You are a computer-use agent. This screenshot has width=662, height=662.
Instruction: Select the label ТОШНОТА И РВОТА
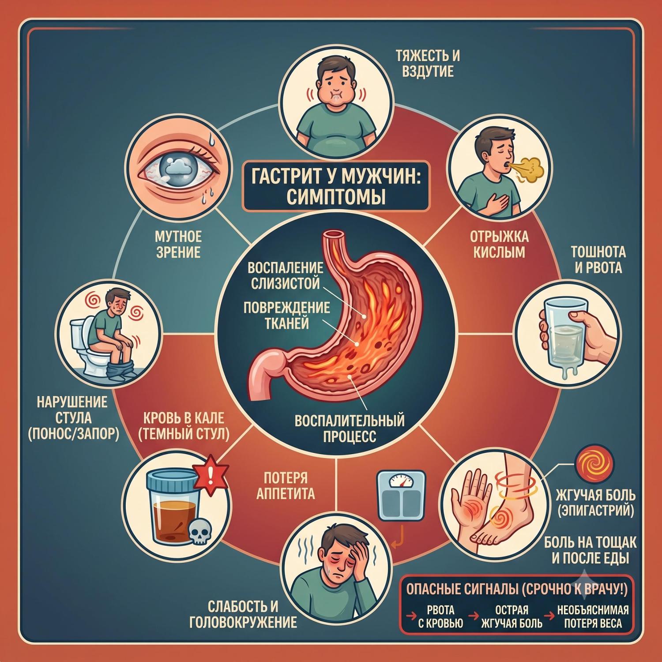click(598, 260)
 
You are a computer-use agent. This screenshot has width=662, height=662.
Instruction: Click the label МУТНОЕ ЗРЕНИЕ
click(178, 244)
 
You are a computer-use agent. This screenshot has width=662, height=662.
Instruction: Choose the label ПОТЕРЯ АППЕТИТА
click(286, 485)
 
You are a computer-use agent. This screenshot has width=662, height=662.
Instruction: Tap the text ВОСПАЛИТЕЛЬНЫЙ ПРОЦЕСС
click(349, 427)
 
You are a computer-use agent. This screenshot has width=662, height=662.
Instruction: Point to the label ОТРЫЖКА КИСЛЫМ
click(499, 244)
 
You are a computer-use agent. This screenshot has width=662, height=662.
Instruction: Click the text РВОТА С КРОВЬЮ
click(440, 616)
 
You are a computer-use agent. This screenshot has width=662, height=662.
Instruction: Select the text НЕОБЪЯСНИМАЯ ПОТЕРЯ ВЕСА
click(592, 616)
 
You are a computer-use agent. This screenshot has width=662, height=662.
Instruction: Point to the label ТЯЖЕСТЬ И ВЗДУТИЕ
click(428, 63)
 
